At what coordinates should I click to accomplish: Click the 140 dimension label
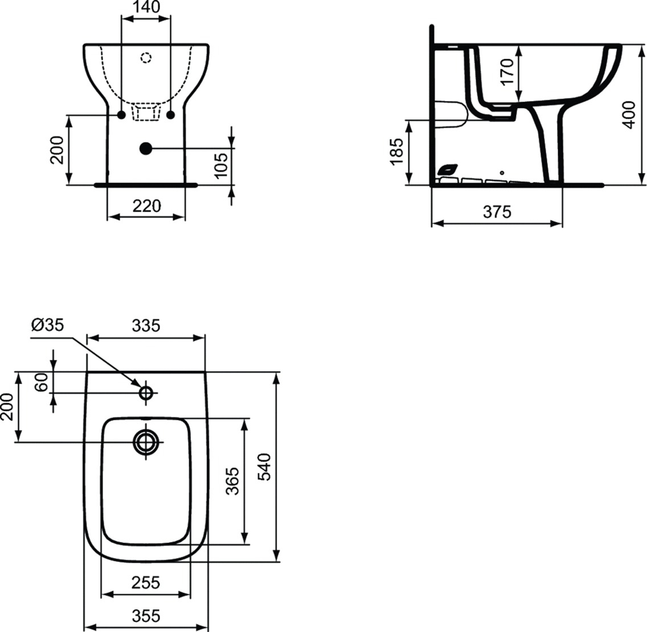(146, 7)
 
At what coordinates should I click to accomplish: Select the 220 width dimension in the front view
(146, 205)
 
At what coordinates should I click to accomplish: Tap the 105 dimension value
(222, 165)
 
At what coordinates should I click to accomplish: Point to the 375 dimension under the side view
(497, 212)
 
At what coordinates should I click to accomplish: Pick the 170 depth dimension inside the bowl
(507, 71)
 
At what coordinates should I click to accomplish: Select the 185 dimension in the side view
(397, 151)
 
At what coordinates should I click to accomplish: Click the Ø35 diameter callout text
(48, 325)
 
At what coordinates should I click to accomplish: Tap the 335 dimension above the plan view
(146, 326)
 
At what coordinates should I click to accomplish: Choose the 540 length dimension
(264, 467)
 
